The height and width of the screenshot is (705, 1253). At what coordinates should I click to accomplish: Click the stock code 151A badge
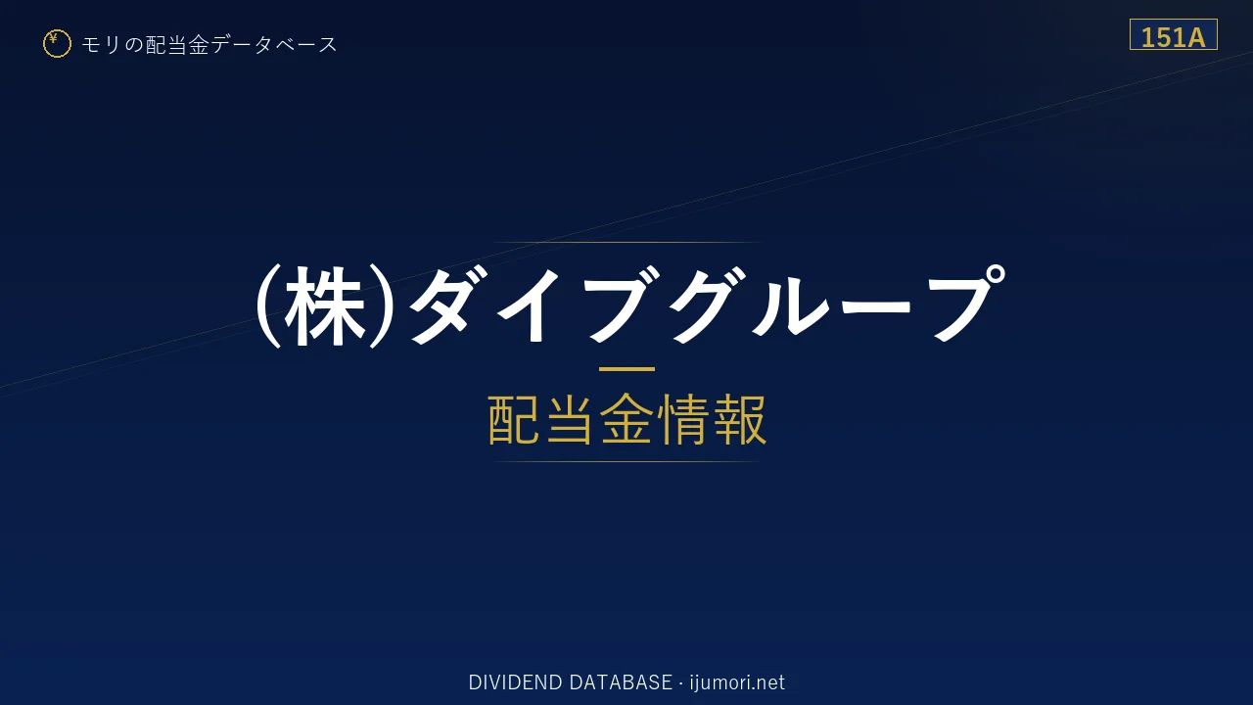point(1173,34)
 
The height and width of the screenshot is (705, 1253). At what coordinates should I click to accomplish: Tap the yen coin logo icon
point(57,44)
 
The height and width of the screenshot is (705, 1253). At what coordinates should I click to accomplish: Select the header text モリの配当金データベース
point(209,44)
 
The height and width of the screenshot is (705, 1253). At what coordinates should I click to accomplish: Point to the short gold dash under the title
point(626,369)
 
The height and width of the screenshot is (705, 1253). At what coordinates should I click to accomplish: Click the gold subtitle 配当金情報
point(626,419)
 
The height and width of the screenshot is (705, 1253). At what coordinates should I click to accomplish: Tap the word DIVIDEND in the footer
point(515,682)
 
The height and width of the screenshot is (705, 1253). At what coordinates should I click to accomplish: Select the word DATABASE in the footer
point(621,682)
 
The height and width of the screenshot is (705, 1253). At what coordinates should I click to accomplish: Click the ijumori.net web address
point(737,682)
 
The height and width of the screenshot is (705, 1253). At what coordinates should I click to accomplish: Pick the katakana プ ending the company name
point(966,303)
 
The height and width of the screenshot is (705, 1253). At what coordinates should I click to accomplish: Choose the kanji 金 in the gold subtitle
point(626,419)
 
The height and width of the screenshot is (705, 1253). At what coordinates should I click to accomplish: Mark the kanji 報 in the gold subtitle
point(739,419)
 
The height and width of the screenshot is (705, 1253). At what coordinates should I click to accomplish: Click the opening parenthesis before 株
point(268,306)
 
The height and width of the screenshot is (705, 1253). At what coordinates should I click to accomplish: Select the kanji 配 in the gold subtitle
point(515,419)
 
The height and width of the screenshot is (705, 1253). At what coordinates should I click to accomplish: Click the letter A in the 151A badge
point(1194,37)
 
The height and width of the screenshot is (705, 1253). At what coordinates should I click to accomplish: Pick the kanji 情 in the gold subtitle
point(682,419)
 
